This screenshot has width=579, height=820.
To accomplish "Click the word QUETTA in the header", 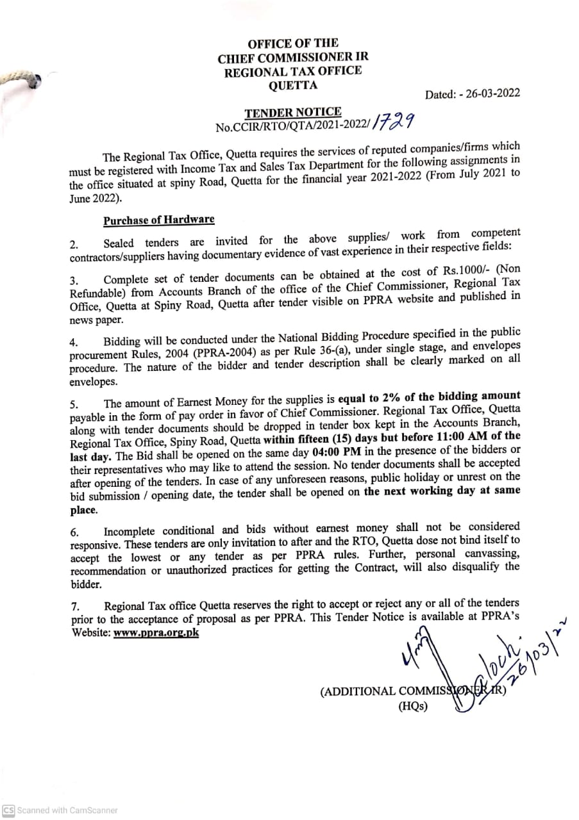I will pos(292,85).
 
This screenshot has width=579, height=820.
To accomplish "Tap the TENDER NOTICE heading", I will pos(292,113).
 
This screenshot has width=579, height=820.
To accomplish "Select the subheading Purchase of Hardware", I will pos(159,220).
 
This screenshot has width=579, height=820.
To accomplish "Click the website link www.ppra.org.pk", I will pos(156,632).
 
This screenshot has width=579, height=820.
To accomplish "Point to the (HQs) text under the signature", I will pos(413,707).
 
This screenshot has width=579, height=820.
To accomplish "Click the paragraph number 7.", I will pos(74,607).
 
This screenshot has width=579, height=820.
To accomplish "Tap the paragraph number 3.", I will pos(74,281).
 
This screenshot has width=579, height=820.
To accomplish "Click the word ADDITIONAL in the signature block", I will pos(358,691).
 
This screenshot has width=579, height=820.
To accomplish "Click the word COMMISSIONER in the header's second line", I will pos(310,57).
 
